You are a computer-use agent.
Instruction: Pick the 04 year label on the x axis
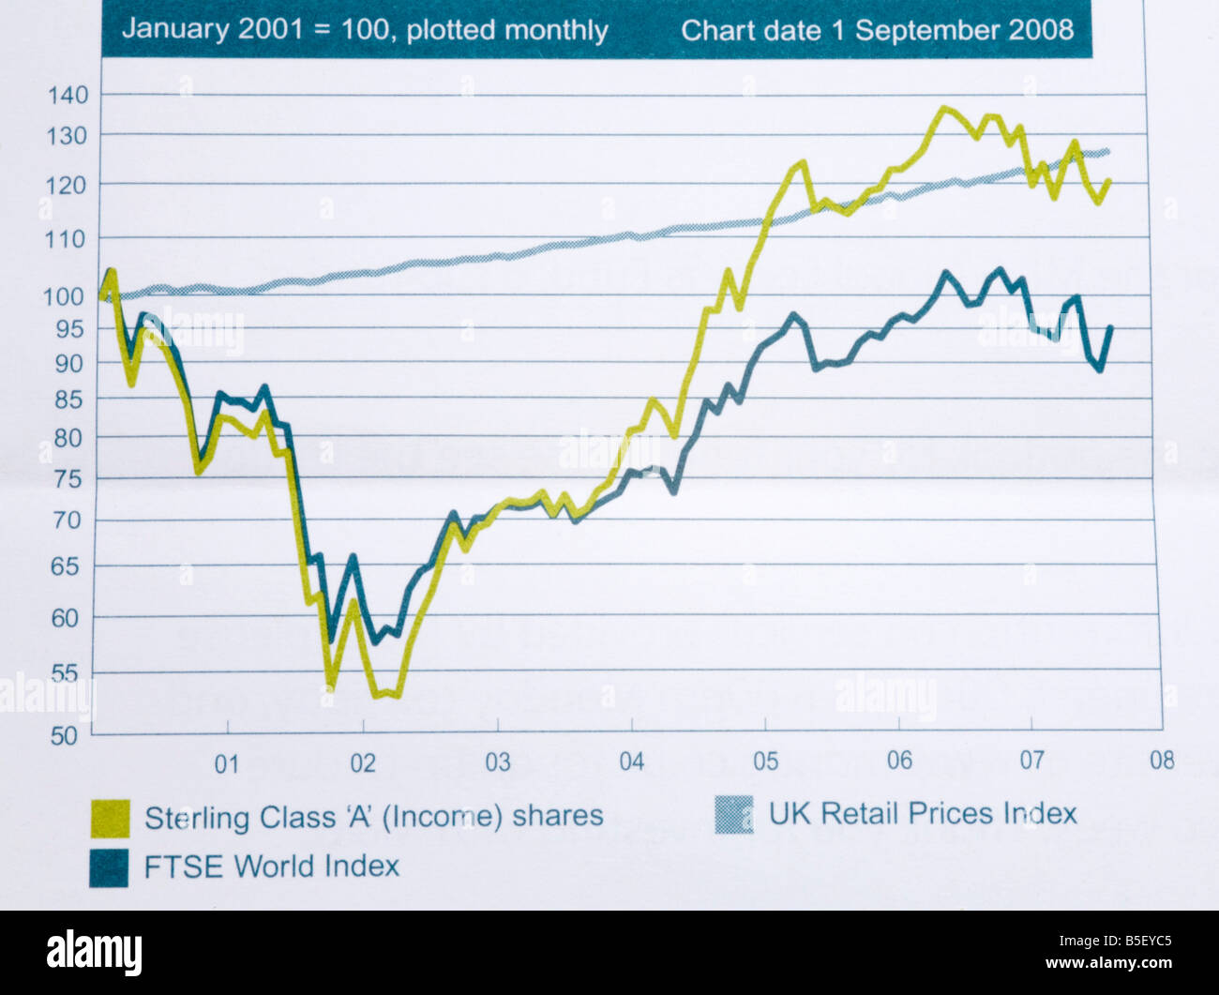click(x=631, y=761)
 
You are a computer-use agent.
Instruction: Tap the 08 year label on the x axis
click(x=1162, y=760)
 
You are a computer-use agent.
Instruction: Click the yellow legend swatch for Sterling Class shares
click(x=110, y=818)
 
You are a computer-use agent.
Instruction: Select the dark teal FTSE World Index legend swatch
click(x=109, y=867)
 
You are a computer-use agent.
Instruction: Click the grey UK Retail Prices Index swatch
click(x=733, y=815)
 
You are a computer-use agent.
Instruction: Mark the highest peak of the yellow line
click(x=944, y=109)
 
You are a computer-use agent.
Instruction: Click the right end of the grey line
click(x=1107, y=152)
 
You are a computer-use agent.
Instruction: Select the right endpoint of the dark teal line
click(x=1111, y=327)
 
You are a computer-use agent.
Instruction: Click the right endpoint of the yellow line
click(x=1109, y=181)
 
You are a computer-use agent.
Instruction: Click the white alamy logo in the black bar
click(x=94, y=953)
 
